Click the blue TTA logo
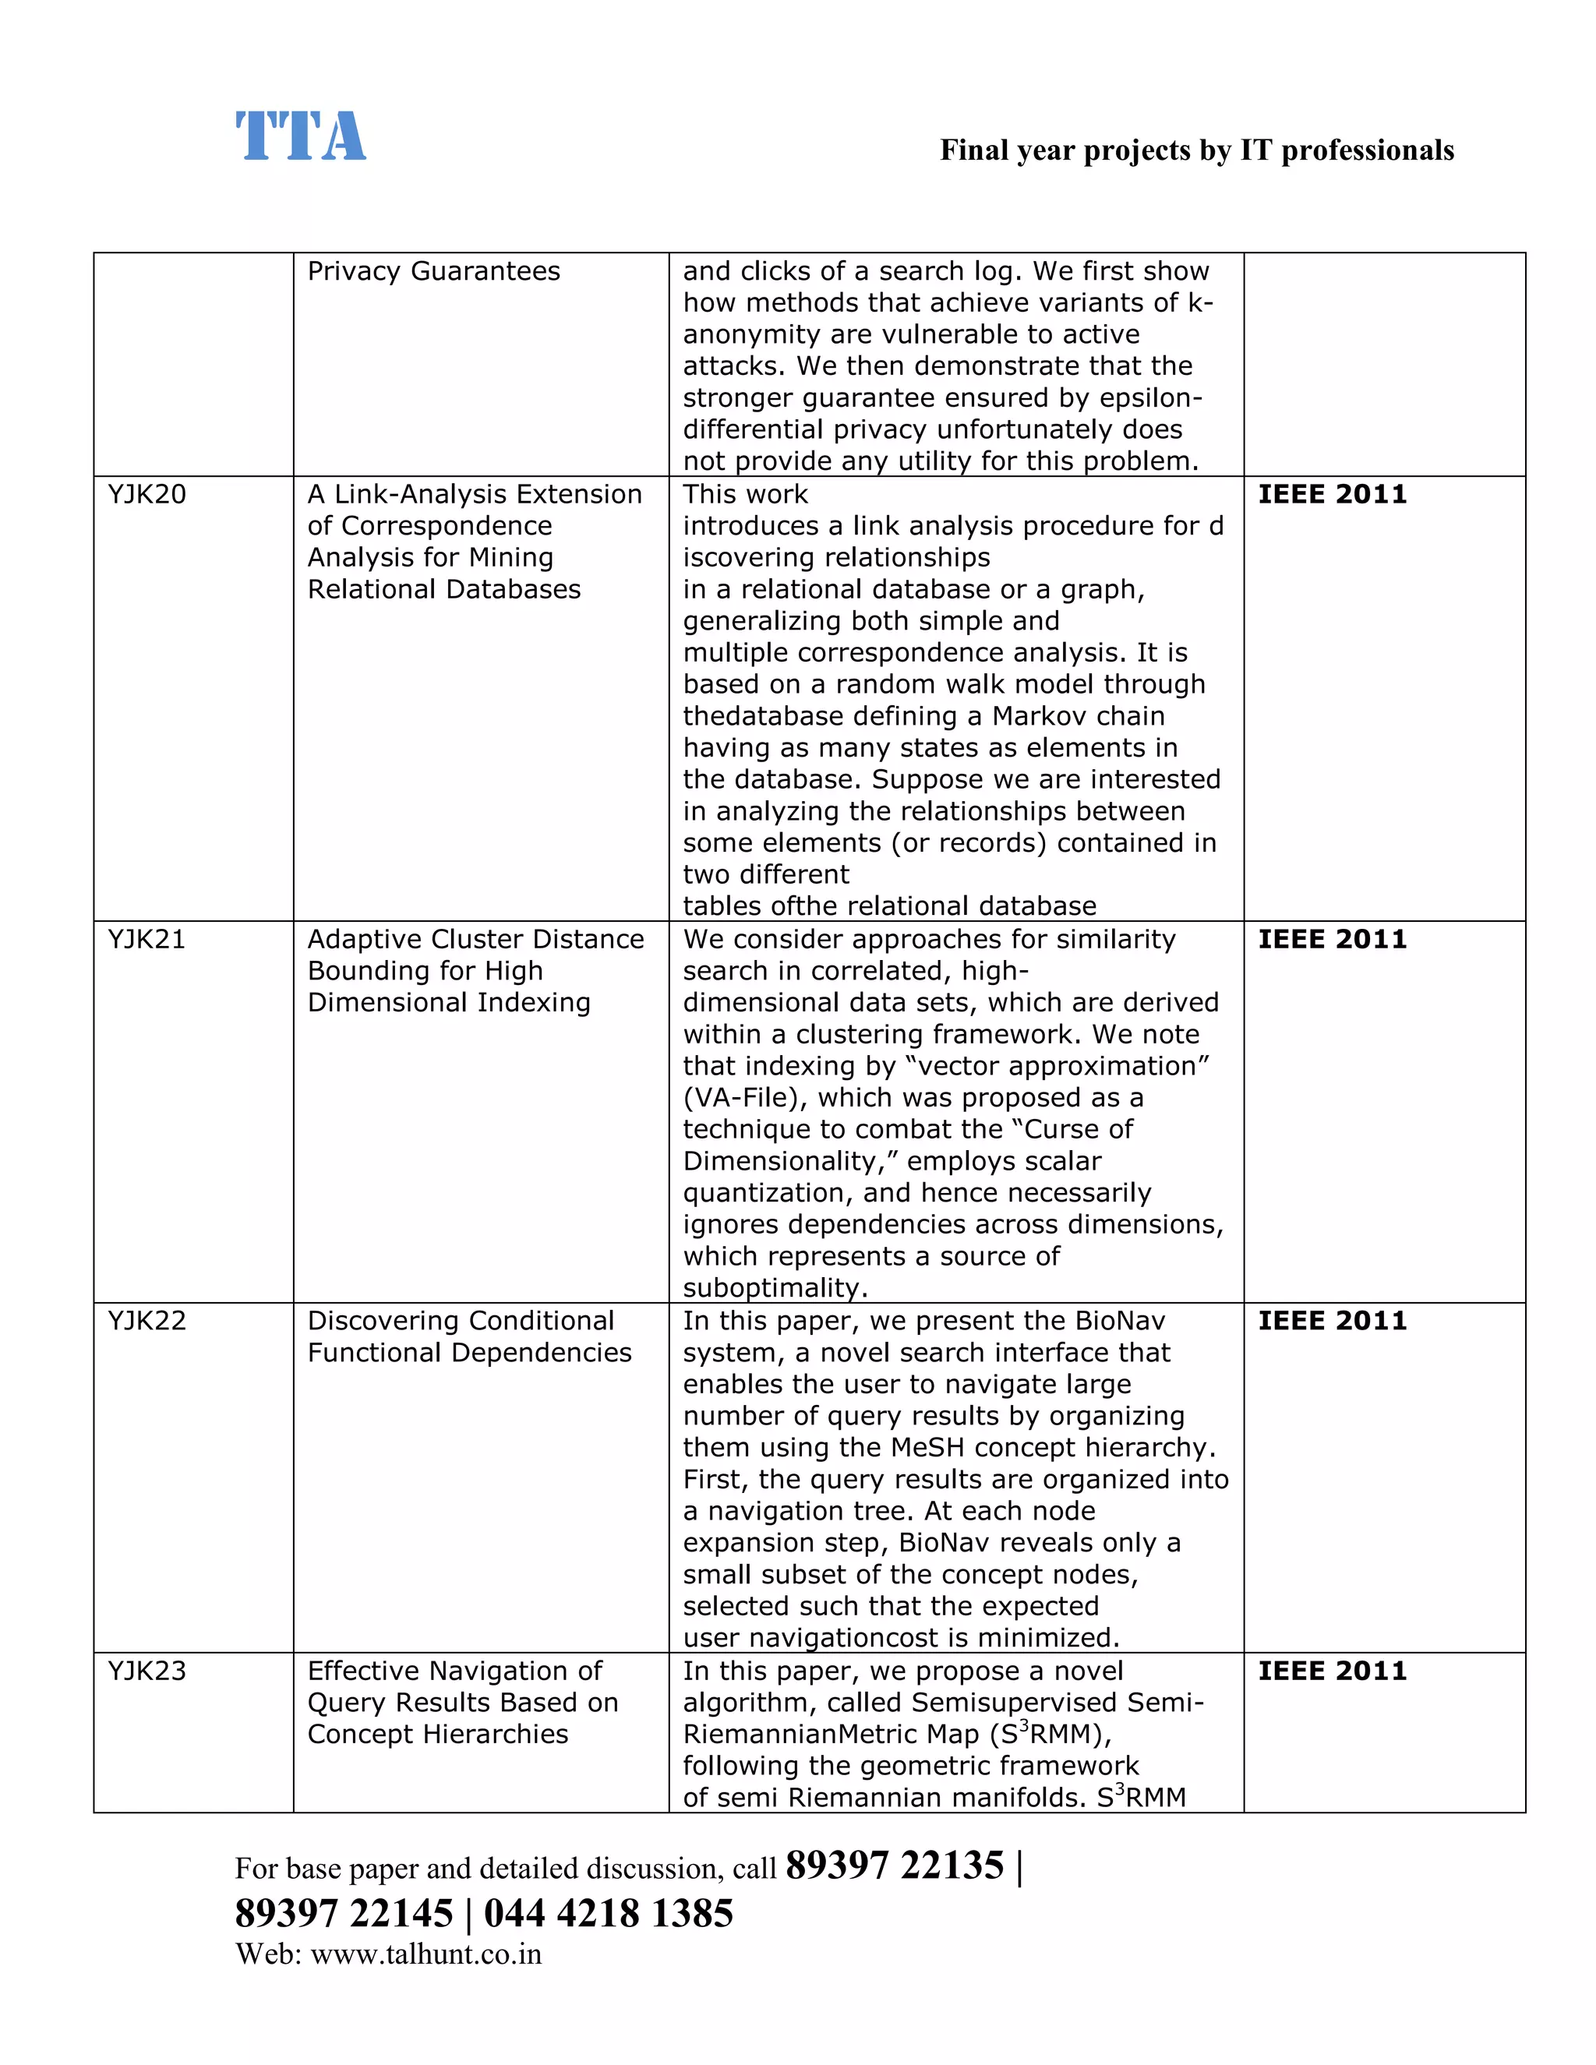pyautogui.click(x=300, y=136)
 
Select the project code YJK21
pyautogui.click(x=147, y=939)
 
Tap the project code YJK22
pyautogui.click(x=147, y=1321)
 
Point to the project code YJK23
pyautogui.click(x=147, y=1671)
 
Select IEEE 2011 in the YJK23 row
pyautogui.click(x=1331, y=1671)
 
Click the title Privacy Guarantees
pyautogui.click(x=433, y=271)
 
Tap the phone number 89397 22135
pyautogui.click(x=894, y=1866)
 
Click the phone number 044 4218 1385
pyautogui.click(x=608, y=1913)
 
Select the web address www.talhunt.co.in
pyautogui.click(x=425, y=1954)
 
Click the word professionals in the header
pyautogui.click(x=1366, y=150)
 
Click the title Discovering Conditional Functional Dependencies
pyautogui.click(x=468, y=1337)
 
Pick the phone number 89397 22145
pyautogui.click(x=344, y=1913)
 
